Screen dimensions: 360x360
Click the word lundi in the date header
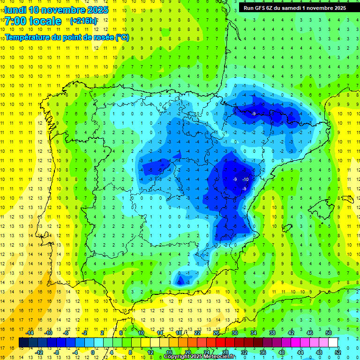tap(15, 10)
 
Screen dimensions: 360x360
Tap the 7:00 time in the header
tap(15, 21)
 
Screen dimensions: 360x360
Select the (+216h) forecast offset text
tap(83, 21)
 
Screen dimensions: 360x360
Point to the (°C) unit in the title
tap(122, 37)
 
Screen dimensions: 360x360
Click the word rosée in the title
tap(101, 37)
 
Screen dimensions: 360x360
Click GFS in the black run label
tap(261, 8)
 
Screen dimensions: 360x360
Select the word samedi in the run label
tap(297, 8)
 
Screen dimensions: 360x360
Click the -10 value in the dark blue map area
tap(245, 180)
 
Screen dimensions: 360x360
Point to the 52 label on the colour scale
tap(337, 352)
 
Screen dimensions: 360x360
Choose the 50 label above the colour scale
tap(329, 333)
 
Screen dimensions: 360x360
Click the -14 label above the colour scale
tap(30, 333)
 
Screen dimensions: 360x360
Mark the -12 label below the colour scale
tap(39, 352)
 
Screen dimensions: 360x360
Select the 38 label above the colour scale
tap(272, 333)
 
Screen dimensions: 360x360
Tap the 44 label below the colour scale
tap(300, 352)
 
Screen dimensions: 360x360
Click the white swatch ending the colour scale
tap(333, 343)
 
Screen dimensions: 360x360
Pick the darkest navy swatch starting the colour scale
tap(23, 343)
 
